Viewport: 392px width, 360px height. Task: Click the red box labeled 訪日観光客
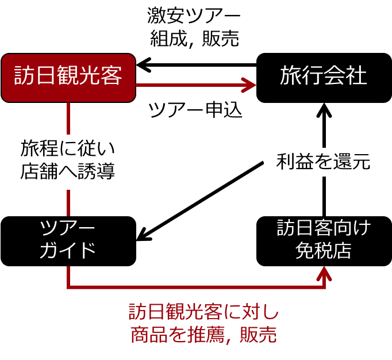pyautogui.click(x=68, y=78)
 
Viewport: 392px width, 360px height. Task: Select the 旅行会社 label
pyautogui.click(x=323, y=76)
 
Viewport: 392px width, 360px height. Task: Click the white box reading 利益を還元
pyautogui.click(x=324, y=162)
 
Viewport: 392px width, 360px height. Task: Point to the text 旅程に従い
pyautogui.click(x=68, y=148)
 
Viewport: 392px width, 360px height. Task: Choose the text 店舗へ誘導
pyautogui.click(x=68, y=172)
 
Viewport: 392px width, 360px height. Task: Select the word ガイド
pyautogui.click(x=67, y=251)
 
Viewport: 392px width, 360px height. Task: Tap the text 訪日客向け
pyautogui.click(x=324, y=228)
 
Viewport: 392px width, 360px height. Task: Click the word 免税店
pyautogui.click(x=323, y=251)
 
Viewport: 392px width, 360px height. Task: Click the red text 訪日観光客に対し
pyautogui.click(x=203, y=312)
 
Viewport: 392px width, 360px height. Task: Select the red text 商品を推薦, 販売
pyautogui.click(x=203, y=335)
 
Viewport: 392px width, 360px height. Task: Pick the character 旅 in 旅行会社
pyautogui.click(x=291, y=76)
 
